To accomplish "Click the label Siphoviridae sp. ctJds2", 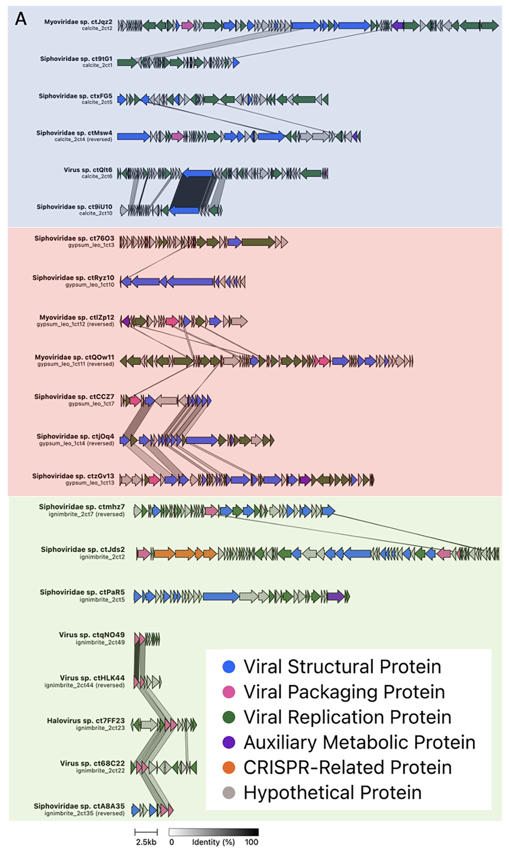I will tap(83, 550).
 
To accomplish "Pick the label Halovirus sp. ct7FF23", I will tap(86, 721).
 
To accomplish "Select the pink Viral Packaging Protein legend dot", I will tap(229, 692).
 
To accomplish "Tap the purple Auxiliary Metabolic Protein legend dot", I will tap(229, 742).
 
